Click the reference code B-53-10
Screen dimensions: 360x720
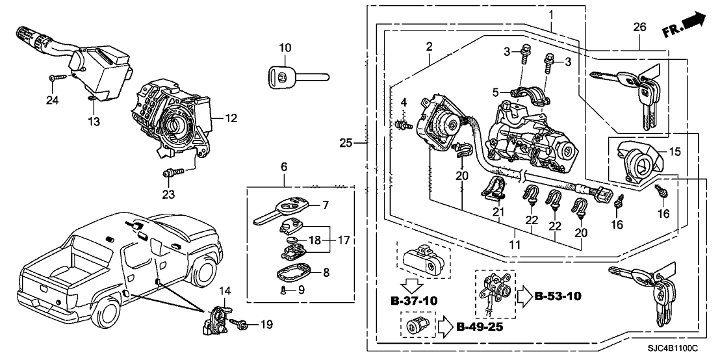click(557, 297)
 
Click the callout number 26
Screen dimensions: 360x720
click(640, 27)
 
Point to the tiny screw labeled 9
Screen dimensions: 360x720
click(283, 290)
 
